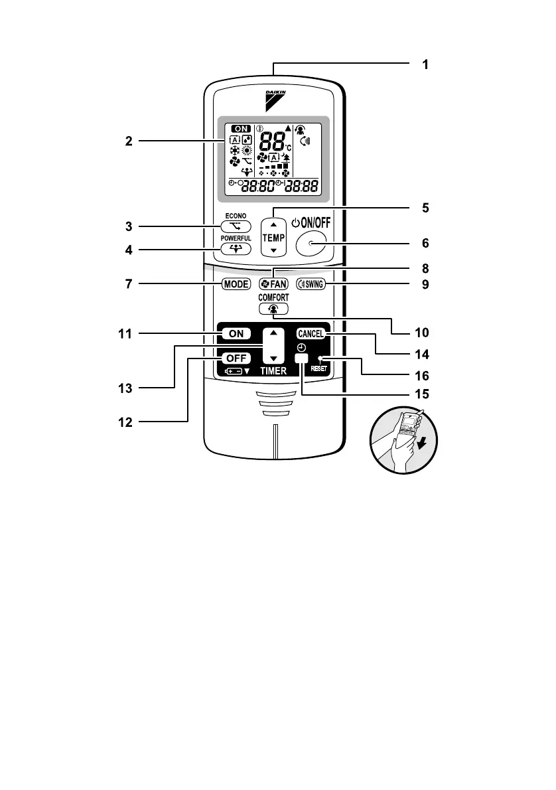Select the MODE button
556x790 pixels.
pyautogui.click(x=236, y=283)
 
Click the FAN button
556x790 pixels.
pyautogui.click(x=273, y=283)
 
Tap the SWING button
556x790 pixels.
pyautogui.click(x=311, y=283)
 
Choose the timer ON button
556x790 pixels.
pyautogui.click(x=236, y=334)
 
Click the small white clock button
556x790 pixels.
pyautogui.click(x=302, y=357)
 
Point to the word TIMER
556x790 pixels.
pyautogui.click(x=273, y=372)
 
